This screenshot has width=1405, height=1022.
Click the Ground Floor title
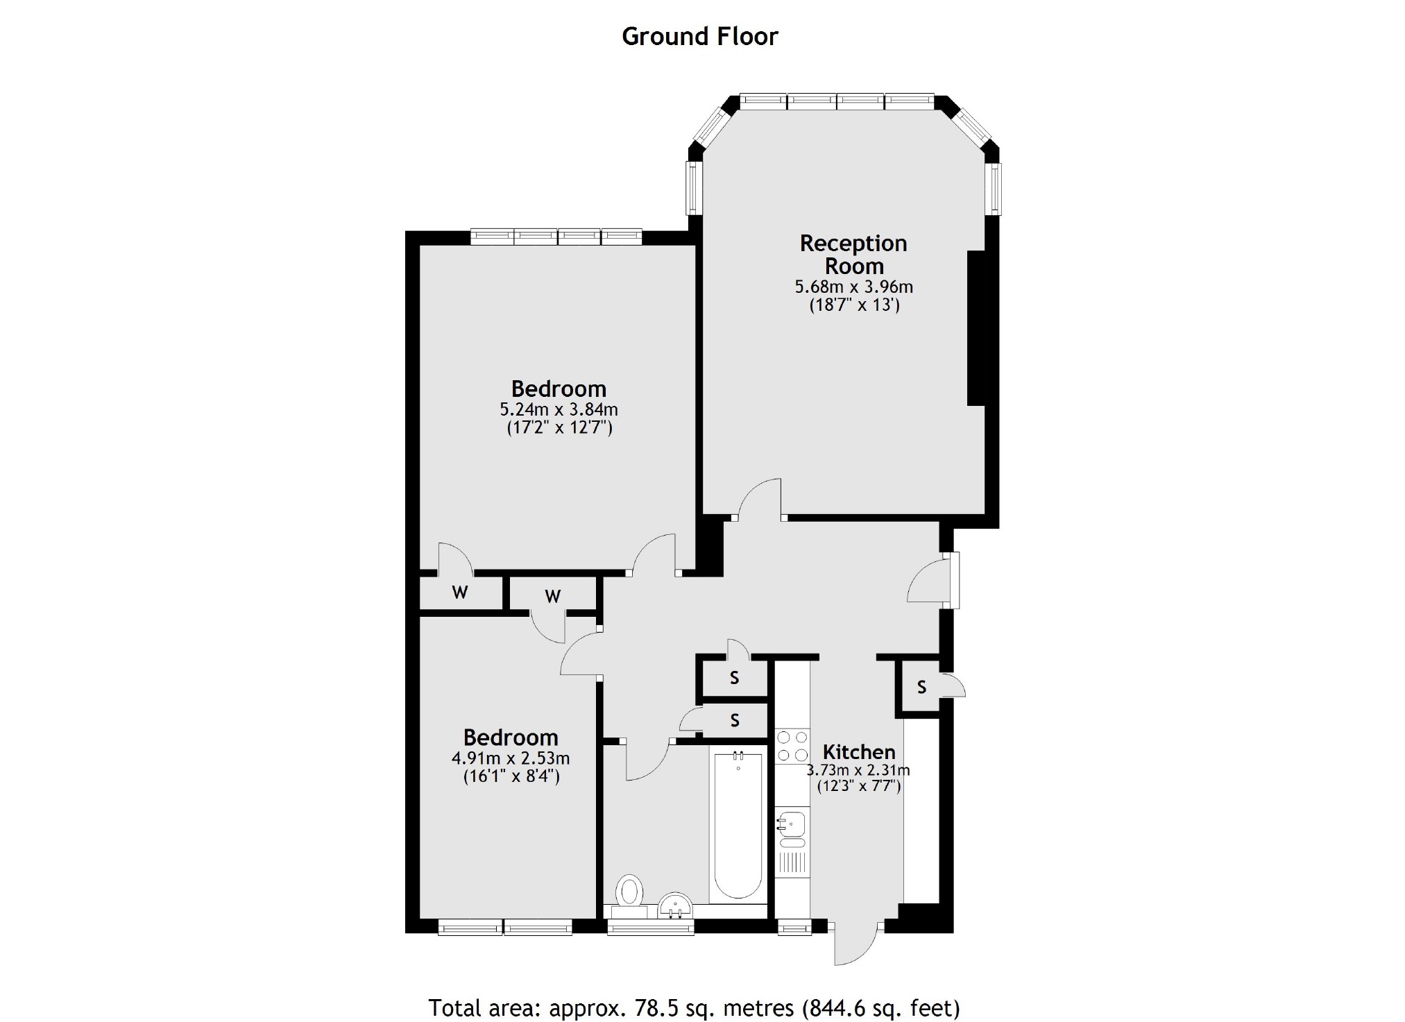[x=700, y=36]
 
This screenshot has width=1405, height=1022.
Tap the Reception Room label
[x=853, y=255]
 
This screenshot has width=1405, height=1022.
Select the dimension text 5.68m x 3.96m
[x=853, y=287]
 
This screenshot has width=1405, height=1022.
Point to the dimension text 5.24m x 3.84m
[x=559, y=409]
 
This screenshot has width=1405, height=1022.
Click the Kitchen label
[x=859, y=752]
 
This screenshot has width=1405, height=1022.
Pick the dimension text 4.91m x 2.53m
[x=511, y=758]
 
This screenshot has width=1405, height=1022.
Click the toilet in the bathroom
[x=630, y=894]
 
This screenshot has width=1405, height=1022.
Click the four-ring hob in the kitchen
[x=792, y=747]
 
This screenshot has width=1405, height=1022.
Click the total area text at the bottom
[x=694, y=1007]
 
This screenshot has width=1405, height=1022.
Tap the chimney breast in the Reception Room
[x=976, y=327]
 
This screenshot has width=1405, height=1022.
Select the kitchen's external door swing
[x=856, y=944]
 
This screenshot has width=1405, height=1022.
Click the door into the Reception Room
[x=760, y=499]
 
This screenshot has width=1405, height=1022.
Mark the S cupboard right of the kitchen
[x=921, y=687]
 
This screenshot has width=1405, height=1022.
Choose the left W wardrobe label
[x=459, y=593]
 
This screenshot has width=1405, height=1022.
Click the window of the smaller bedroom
[x=505, y=927]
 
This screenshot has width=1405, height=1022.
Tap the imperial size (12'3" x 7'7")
[x=858, y=786]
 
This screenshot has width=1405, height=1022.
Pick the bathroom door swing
[x=649, y=761]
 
